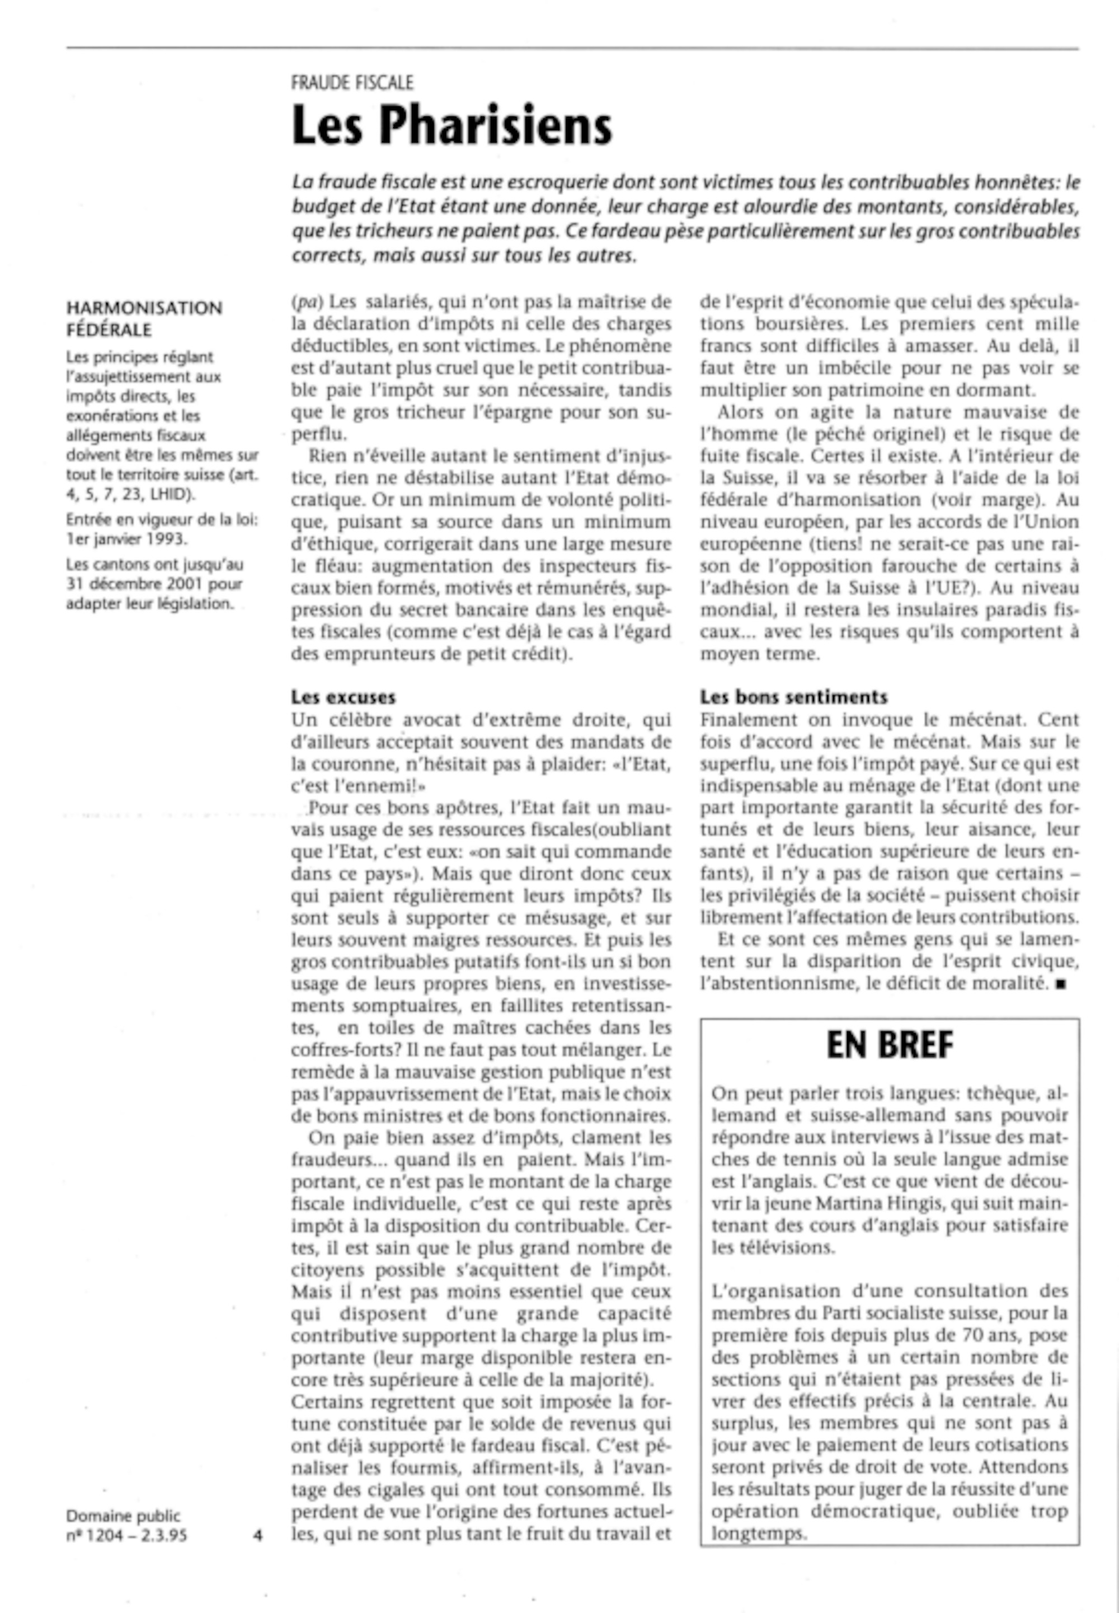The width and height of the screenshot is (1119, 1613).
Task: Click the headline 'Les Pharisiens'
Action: tap(452, 125)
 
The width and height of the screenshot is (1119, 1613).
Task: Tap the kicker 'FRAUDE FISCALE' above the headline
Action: tap(352, 83)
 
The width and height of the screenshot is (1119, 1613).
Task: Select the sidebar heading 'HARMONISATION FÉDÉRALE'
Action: tap(144, 318)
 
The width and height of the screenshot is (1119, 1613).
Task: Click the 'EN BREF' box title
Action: tap(890, 1045)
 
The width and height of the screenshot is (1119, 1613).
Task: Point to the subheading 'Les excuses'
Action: tap(344, 697)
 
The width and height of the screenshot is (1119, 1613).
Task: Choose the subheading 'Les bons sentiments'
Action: tap(794, 697)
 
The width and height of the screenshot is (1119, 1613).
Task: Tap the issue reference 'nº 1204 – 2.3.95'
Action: tap(126, 1535)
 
